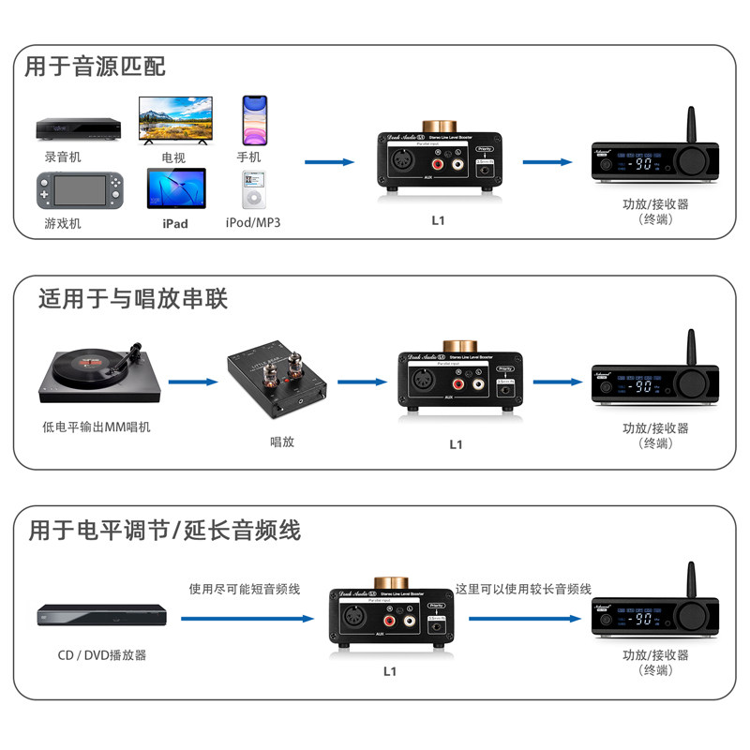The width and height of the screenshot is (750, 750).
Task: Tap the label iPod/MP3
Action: tap(253, 223)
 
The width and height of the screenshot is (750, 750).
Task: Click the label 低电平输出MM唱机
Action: tap(97, 427)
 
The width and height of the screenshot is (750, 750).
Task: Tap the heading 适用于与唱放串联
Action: tap(133, 299)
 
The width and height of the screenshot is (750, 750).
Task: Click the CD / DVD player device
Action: tap(101, 617)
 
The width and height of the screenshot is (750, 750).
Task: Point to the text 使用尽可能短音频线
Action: tap(244, 589)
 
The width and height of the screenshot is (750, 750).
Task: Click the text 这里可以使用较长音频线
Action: tap(523, 589)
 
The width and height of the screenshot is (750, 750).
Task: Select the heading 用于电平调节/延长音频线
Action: tap(164, 530)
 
